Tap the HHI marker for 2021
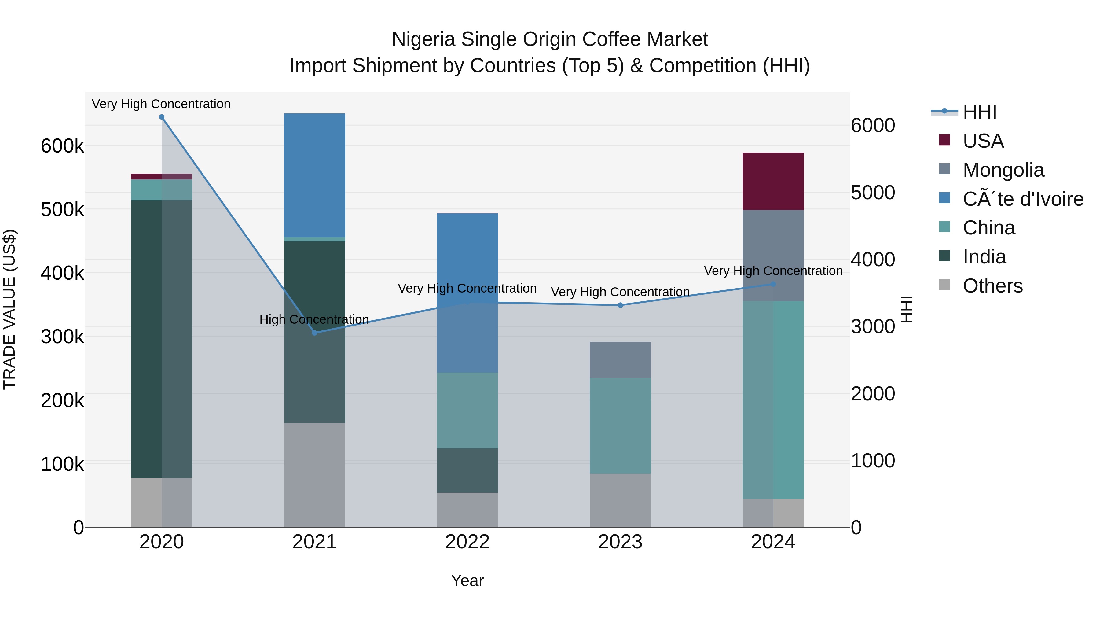[315, 333]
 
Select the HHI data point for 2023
[621, 305]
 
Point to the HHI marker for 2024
[773, 284]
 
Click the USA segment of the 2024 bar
[773, 181]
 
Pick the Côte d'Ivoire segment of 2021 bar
[315, 175]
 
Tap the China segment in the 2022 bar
[467, 410]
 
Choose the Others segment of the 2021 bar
[315, 475]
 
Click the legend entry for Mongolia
[1003, 170]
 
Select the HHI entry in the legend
[980, 112]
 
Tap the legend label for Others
[992, 286]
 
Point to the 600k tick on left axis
[62, 146]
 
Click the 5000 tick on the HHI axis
[873, 193]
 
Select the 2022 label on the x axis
[467, 542]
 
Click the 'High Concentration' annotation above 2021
[314, 319]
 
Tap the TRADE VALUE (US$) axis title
[9, 309]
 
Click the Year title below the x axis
[467, 580]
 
